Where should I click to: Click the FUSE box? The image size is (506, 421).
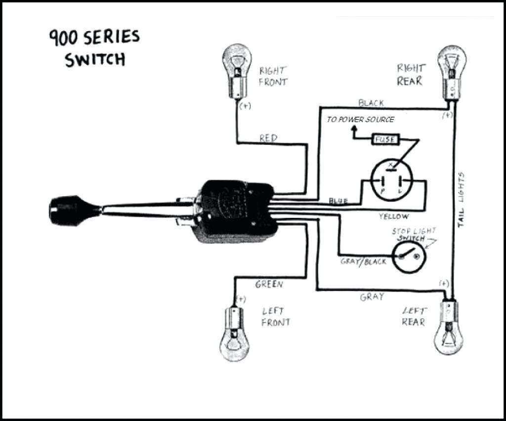(x=385, y=140)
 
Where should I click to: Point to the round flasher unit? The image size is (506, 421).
(x=391, y=180)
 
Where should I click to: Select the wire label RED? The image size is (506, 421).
(x=268, y=138)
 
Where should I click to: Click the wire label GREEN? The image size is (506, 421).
(x=269, y=285)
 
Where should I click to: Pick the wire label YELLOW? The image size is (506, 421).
(x=394, y=216)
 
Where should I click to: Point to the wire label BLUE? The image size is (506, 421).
(x=338, y=201)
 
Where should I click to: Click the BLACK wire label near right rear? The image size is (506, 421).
(x=371, y=103)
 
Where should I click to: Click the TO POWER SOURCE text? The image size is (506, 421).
(x=361, y=120)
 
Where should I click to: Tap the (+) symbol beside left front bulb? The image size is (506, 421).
(x=241, y=299)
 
